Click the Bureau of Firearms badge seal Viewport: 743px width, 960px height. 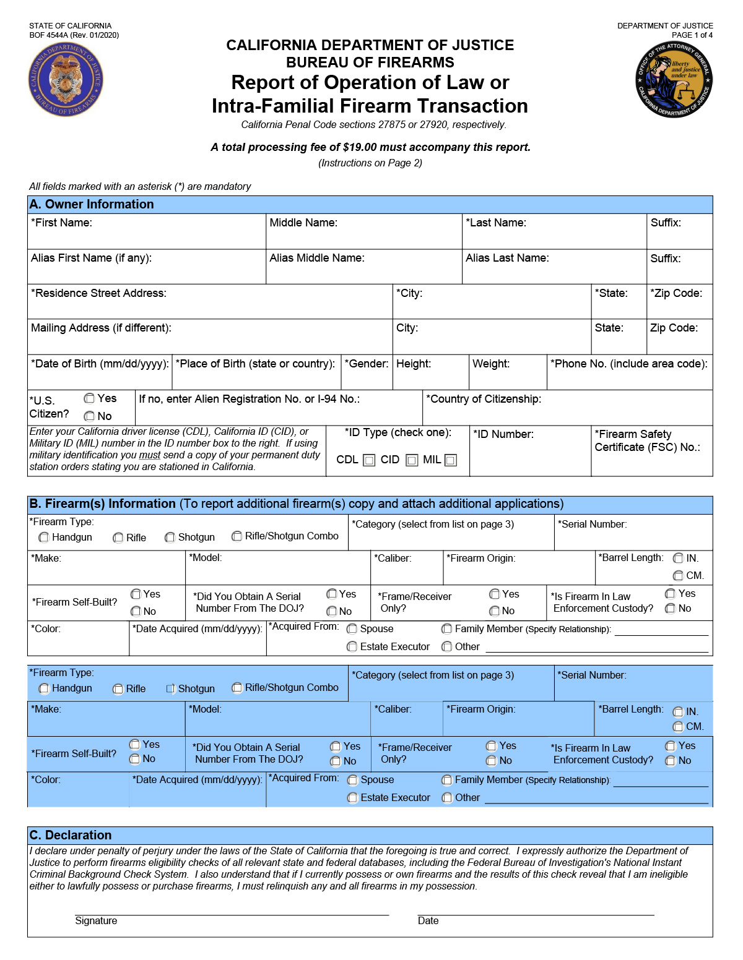click(66, 79)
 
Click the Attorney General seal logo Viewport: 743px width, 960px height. click(675, 79)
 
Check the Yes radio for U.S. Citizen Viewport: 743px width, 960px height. click(90, 398)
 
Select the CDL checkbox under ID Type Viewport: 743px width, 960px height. click(369, 460)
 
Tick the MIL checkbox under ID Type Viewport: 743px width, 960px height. click(451, 460)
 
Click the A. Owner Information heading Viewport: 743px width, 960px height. click(92, 204)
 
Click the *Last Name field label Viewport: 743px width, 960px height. click(496, 223)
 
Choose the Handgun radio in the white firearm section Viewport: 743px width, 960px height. click(44, 538)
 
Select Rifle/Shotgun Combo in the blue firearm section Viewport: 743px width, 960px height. click(237, 688)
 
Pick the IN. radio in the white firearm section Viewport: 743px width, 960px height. click(679, 558)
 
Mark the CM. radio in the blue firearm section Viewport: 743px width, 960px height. click(679, 727)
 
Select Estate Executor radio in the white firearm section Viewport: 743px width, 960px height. click(352, 647)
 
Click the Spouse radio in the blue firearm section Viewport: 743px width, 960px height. click(352, 780)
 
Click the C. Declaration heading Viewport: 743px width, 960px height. click(71, 835)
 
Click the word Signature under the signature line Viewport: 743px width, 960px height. click(96, 921)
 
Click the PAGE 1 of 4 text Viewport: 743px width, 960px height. click(692, 35)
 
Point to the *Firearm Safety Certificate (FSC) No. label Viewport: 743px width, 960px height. click(646, 440)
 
